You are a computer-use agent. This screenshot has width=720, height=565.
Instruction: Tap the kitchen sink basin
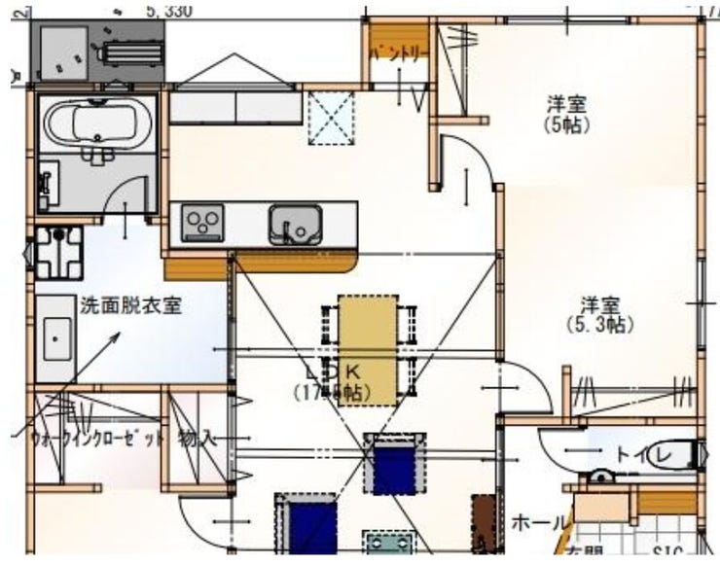[x=296, y=225]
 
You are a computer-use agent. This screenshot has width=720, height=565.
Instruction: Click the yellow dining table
[x=368, y=348]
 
